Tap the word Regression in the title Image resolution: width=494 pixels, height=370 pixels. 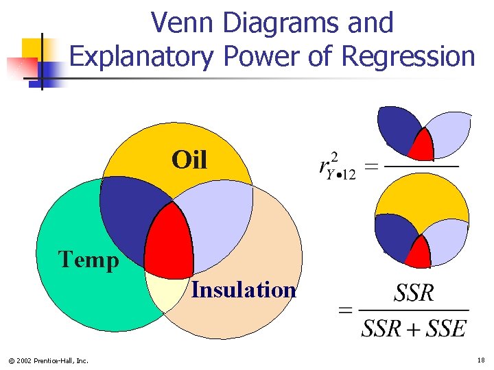click(408, 56)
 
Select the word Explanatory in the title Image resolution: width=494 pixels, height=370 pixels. click(142, 56)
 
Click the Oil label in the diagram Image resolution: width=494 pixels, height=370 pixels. click(189, 160)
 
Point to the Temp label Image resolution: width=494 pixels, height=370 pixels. click(89, 260)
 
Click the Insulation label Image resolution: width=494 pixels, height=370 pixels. click(244, 290)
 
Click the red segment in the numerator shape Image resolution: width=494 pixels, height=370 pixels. click(421, 146)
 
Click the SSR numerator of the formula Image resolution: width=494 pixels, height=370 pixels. click(414, 293)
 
